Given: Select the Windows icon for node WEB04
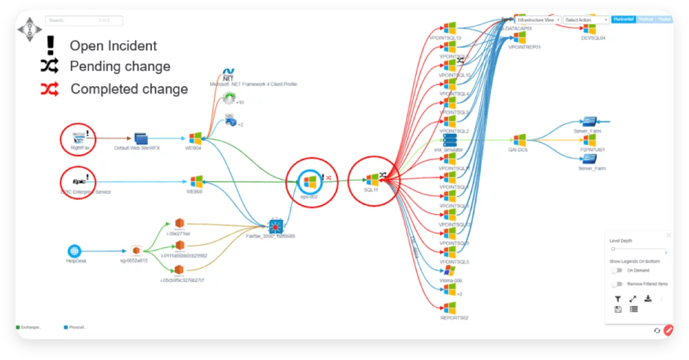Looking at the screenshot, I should click(196, 138).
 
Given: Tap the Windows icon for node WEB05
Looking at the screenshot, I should click(196, 182).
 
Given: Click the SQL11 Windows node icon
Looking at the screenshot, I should click(372, 180).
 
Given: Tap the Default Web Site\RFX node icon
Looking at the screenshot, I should click(141, 138).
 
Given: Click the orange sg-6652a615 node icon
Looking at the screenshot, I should click(135, 251).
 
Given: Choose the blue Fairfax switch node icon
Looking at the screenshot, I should click(275, 225).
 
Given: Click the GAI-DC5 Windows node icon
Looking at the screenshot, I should click(519, 140).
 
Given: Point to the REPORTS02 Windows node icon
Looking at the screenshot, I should click(450, 308).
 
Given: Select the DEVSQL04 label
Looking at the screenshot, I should click(593, 38).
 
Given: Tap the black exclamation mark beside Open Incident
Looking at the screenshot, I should click(50, 46).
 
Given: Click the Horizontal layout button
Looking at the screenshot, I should click(623, 20).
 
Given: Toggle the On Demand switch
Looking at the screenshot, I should click(616, 270).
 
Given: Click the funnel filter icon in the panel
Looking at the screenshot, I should click(618, 299).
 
